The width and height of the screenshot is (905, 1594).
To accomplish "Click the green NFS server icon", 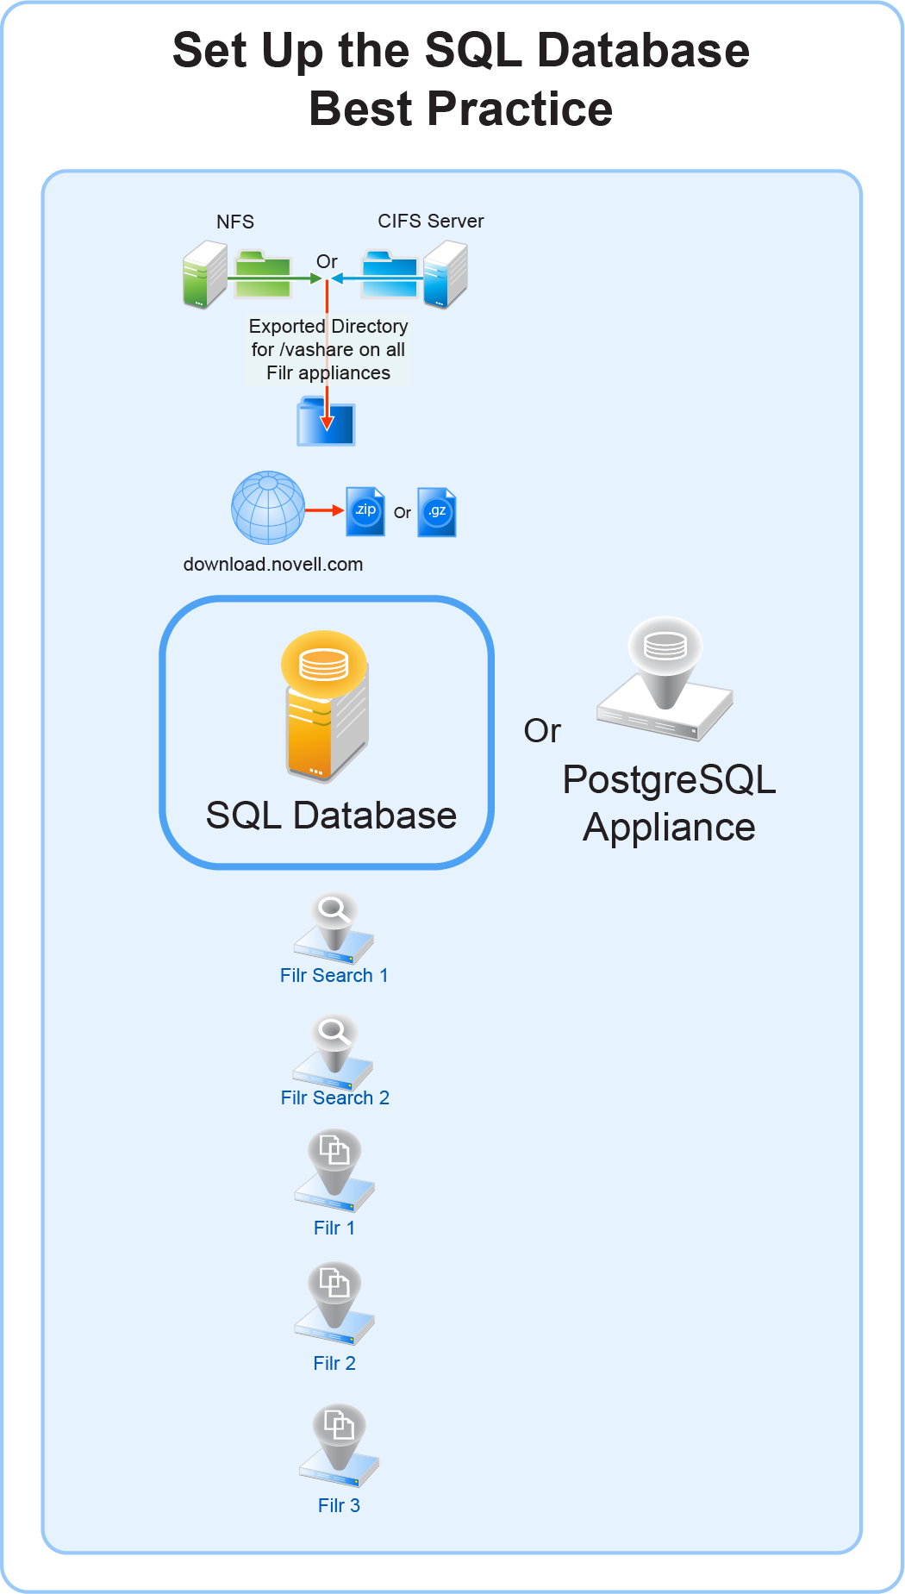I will point(204,275).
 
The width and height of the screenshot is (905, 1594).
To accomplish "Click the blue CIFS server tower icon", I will point(445,275).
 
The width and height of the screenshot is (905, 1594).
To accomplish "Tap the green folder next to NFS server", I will point(263,274).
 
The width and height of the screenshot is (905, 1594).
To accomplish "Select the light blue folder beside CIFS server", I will point(390,274).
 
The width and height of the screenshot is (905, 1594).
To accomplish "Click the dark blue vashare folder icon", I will point(326,422).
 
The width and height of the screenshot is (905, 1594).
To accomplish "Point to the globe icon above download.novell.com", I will point(268,508).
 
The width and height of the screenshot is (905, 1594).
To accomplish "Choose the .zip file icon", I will point(365,511).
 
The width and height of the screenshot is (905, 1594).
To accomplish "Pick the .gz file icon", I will point(437,512).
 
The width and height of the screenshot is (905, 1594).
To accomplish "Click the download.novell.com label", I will point(273,565).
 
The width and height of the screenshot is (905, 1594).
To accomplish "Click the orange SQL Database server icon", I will point(326,707).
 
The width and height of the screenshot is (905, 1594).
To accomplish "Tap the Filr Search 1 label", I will point(334,976).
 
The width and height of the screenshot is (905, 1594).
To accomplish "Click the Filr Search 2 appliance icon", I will point(334,1053).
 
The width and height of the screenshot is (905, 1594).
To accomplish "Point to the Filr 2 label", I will point(334,1364).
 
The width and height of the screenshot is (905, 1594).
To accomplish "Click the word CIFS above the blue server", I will point(398,222).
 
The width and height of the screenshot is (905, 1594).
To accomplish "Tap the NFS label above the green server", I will point(235,222).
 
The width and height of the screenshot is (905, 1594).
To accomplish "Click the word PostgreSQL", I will point(669,780).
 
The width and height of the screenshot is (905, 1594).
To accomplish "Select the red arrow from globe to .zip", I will point(324,511).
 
